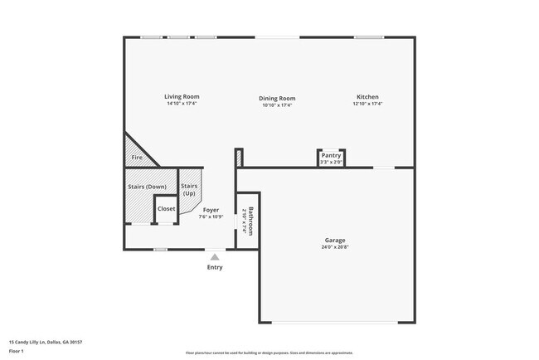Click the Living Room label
tap(182, 97)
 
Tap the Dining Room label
tap(278, 99)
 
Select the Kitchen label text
tap(368, 97)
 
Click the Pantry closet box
tap(331, 158)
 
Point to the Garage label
tap(334, 241)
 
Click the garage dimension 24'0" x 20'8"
tap(334, 247)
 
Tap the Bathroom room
tap(249, 221)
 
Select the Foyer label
tap(211, 210)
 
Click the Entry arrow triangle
tap(215, 257)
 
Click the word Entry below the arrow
tap(215, 267)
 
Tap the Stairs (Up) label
tap(190, 190)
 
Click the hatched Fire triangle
tap(134, 154)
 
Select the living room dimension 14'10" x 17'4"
tap(182, 104)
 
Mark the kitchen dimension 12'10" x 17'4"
tap(368, 104)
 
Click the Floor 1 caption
tap(17, 351)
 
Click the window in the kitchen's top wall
tap(368, 37)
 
